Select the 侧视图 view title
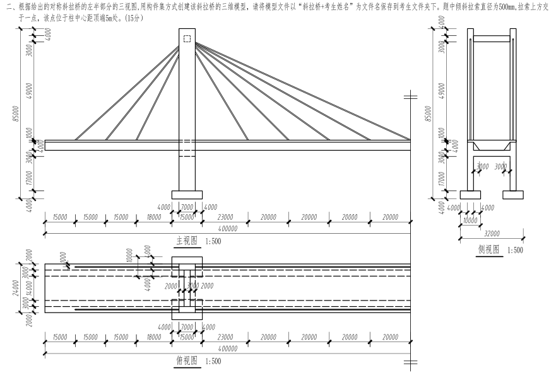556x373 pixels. click(x=488, y=250)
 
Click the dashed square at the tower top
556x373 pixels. click(x=187, y=39)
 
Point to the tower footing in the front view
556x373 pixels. click(x=187, y=194)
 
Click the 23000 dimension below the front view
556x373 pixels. click(x=225, y=217)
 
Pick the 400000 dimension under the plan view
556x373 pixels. click(x=227, y=348)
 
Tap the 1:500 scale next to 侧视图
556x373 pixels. click(x=514, y=250)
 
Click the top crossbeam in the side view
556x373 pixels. click(x=491, y=39)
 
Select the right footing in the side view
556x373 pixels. click(x=512, y=194)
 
